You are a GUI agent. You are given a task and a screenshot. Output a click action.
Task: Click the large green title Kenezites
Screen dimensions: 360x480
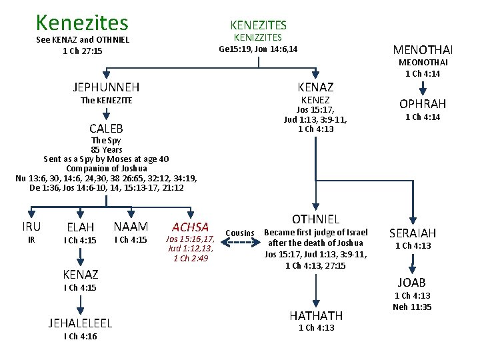(82, 23)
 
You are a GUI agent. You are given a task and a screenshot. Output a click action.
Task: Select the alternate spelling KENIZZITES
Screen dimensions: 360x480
(258, 38)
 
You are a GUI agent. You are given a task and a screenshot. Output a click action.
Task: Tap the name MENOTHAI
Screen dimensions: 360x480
(423, 50)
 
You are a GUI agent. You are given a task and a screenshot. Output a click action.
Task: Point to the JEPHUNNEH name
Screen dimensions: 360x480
(106, 87)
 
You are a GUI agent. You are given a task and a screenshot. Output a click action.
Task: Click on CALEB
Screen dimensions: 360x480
(106, 128)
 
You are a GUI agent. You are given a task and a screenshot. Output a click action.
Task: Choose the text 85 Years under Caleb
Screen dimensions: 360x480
(106, 150)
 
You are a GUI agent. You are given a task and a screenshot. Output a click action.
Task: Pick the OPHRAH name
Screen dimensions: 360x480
(423, 104)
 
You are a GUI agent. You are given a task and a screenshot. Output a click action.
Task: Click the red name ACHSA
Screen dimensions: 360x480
(190, 227)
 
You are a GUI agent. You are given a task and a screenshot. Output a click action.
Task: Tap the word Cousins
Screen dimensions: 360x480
(240, 233)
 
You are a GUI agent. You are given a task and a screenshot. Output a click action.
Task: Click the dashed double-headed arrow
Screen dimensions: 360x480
(240, 243)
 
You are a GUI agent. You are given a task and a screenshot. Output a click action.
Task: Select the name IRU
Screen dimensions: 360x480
(31, 227)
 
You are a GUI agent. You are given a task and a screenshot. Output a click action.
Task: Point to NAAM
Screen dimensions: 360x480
(131, 227)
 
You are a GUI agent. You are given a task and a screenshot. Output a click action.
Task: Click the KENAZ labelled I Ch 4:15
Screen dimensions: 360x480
(80, 274)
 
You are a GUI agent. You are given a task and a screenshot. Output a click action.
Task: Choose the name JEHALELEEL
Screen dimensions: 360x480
(80, 323)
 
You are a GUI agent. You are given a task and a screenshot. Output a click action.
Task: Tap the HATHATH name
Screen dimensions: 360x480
(316, 315)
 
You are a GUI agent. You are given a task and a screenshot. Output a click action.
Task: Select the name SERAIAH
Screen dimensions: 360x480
(413, 233)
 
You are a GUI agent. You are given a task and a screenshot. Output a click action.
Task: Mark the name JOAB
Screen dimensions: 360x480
(412, 283)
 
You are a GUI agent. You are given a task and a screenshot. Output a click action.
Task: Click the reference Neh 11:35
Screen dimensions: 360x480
(413, 307)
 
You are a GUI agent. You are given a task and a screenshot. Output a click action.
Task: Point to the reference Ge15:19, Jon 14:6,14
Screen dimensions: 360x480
(258, 49)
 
